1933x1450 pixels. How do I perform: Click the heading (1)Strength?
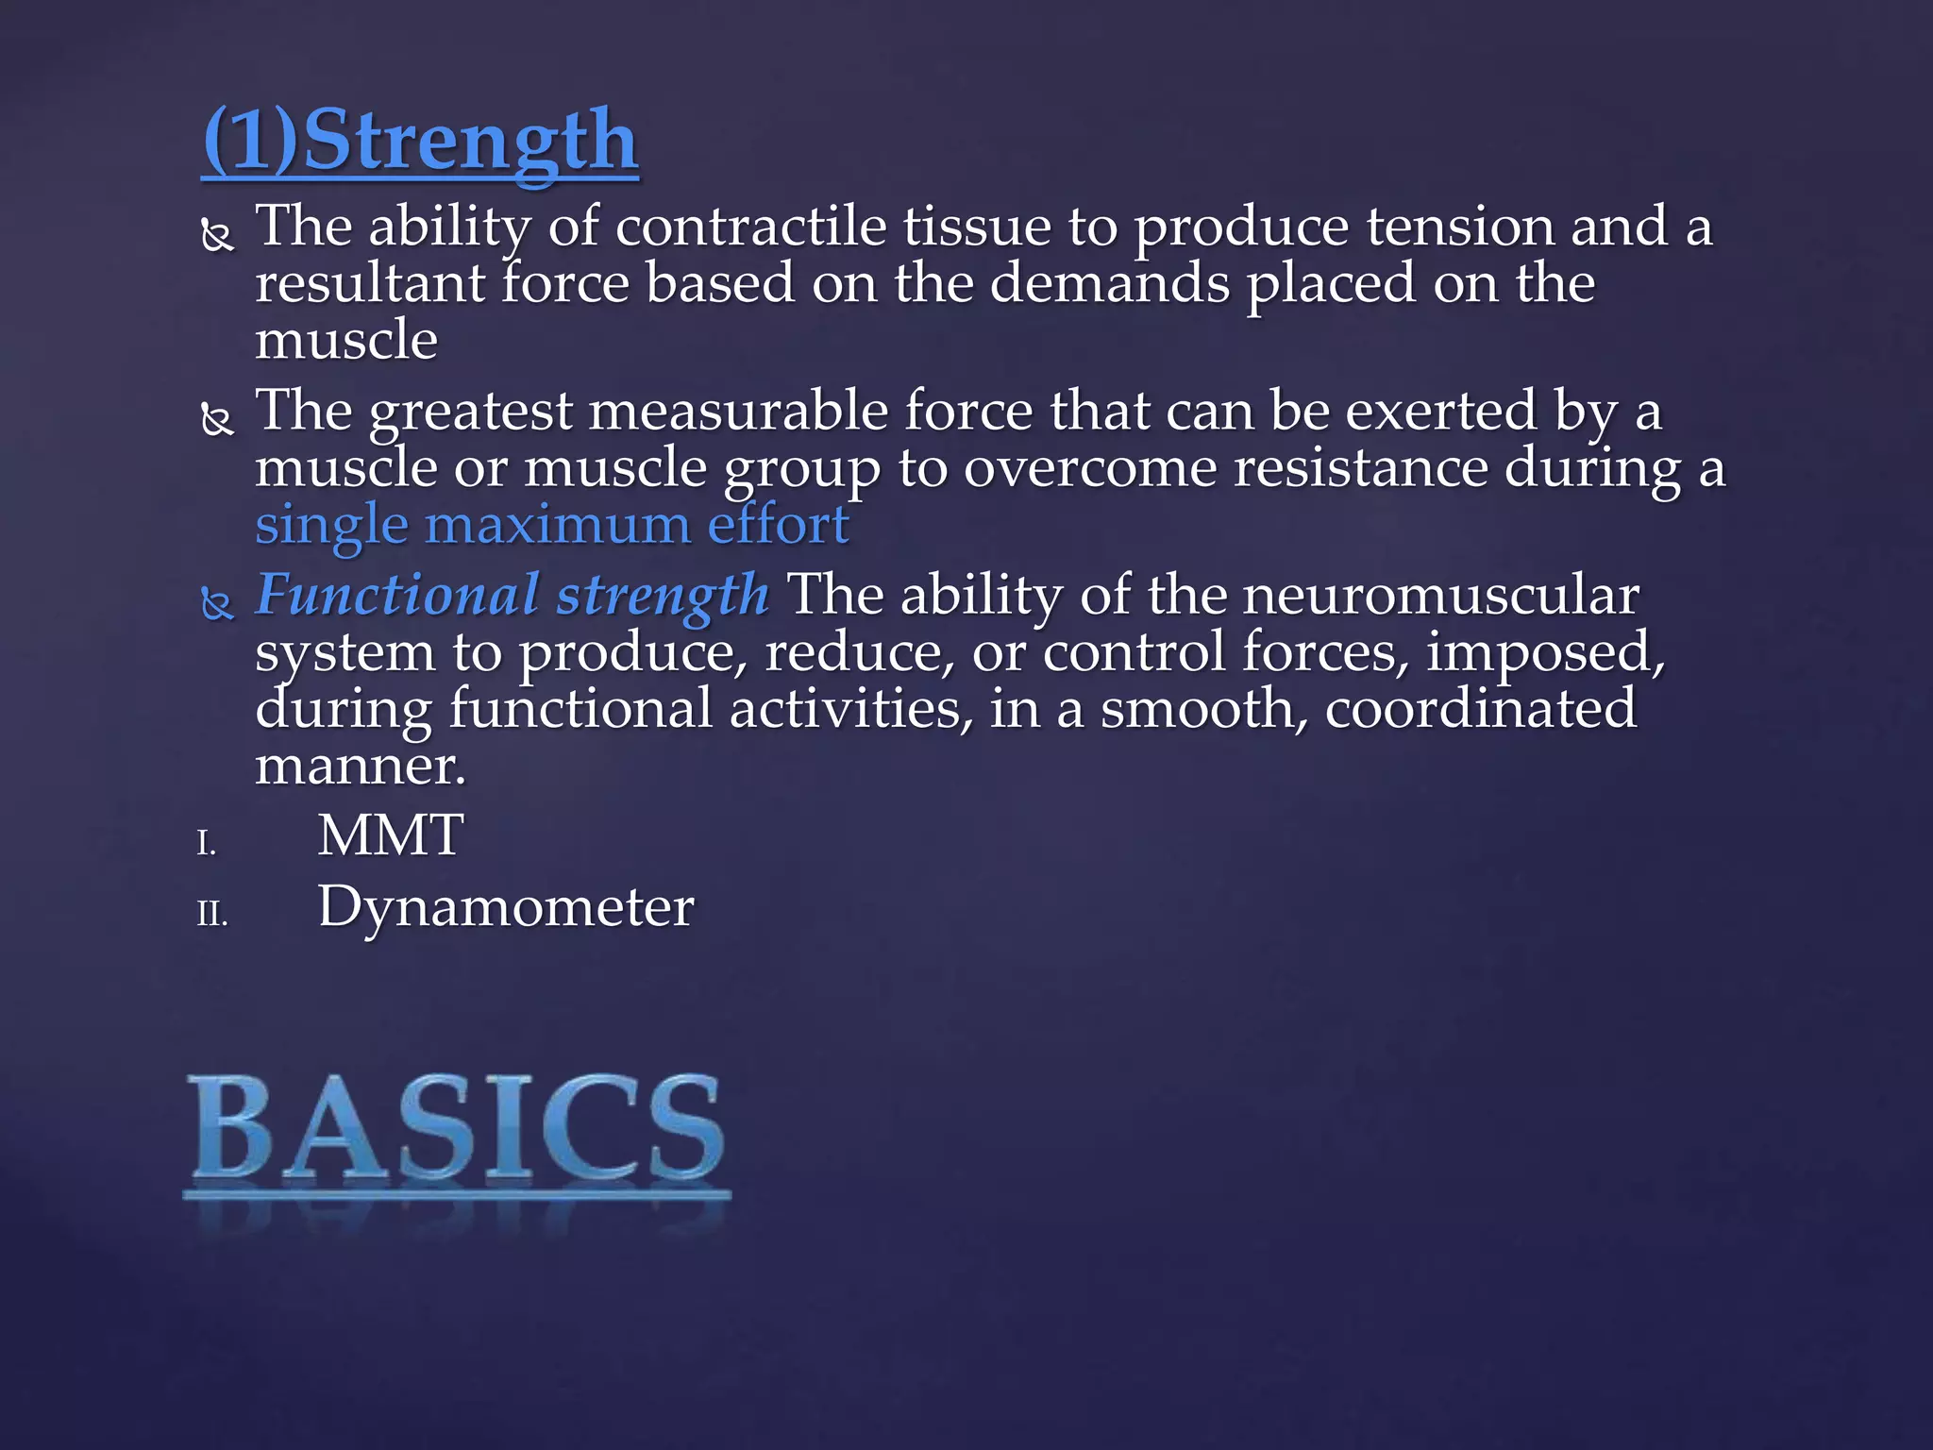(x=420, y=141)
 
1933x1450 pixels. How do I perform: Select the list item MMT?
(x=390, y=835)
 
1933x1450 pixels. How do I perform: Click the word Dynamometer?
(x=506, y=907)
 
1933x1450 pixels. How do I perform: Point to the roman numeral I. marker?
(x=207, y=843)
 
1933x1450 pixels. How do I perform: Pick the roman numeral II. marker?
(x=212, y=914)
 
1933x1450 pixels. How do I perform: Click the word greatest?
(x=470, y=412)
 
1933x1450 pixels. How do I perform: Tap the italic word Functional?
(x=397, y=595)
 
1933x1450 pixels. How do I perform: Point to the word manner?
(x=360, y=765)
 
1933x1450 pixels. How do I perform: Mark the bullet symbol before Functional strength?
(x=218, y=604)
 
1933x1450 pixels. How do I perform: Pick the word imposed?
(x=1544, y=653)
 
